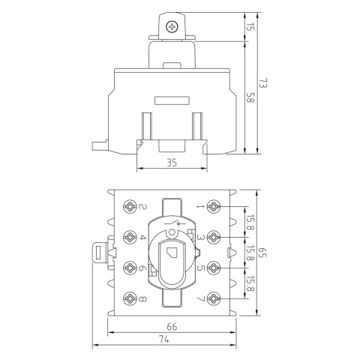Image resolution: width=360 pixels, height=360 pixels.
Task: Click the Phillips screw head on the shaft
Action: (172, 27)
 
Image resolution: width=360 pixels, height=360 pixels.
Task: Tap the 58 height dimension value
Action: (250, 97)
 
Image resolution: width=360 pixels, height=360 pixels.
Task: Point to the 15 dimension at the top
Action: (250, 26)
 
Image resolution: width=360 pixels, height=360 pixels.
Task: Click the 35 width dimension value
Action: (172, 163)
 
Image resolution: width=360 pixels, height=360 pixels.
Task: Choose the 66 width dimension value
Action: (172, 327)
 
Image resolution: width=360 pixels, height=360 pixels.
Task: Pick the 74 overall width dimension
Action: (164, 340)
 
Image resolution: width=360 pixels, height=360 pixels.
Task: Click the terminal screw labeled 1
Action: (214, 207)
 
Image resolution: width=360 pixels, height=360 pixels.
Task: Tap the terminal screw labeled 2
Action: (130, 207)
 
